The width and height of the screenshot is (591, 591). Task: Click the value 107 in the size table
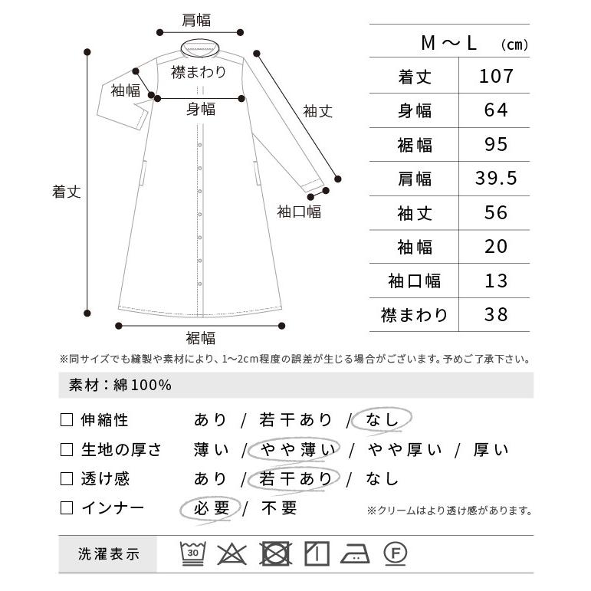(x=496, y=76)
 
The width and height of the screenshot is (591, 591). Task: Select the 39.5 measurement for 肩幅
(x=496, y=179)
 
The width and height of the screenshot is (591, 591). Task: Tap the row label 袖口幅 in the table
(x=414, y=281)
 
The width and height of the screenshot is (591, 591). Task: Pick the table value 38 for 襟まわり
(x=496, y=315)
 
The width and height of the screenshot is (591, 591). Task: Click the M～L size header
(x=449, y=43)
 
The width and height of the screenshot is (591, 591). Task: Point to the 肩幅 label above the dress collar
(x=196, y=20)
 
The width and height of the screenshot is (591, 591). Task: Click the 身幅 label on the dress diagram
(x=201, y=109)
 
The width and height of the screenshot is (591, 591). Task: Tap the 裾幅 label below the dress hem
(x=201, y=338)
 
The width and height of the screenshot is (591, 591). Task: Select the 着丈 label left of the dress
(x=67, y=192)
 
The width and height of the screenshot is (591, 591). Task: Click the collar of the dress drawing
(x=200, y=48)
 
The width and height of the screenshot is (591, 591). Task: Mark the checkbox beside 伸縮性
(x=67, y=420)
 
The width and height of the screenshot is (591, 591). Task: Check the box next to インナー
(x=67, y=508)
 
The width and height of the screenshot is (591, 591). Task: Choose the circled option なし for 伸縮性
(x=382, y=420)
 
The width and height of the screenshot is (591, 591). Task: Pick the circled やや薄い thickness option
(x=294, y=449)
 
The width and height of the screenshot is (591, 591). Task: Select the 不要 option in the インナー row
(x=279, y=508)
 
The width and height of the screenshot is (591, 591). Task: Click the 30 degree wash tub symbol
(x=193, y=553)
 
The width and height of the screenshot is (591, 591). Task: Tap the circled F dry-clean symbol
(x=395, y=553)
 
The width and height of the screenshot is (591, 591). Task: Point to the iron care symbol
(x=355, y=553)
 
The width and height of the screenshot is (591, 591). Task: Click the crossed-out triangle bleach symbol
(x=232, y=553)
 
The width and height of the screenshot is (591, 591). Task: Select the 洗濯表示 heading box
(x=108, y=554)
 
